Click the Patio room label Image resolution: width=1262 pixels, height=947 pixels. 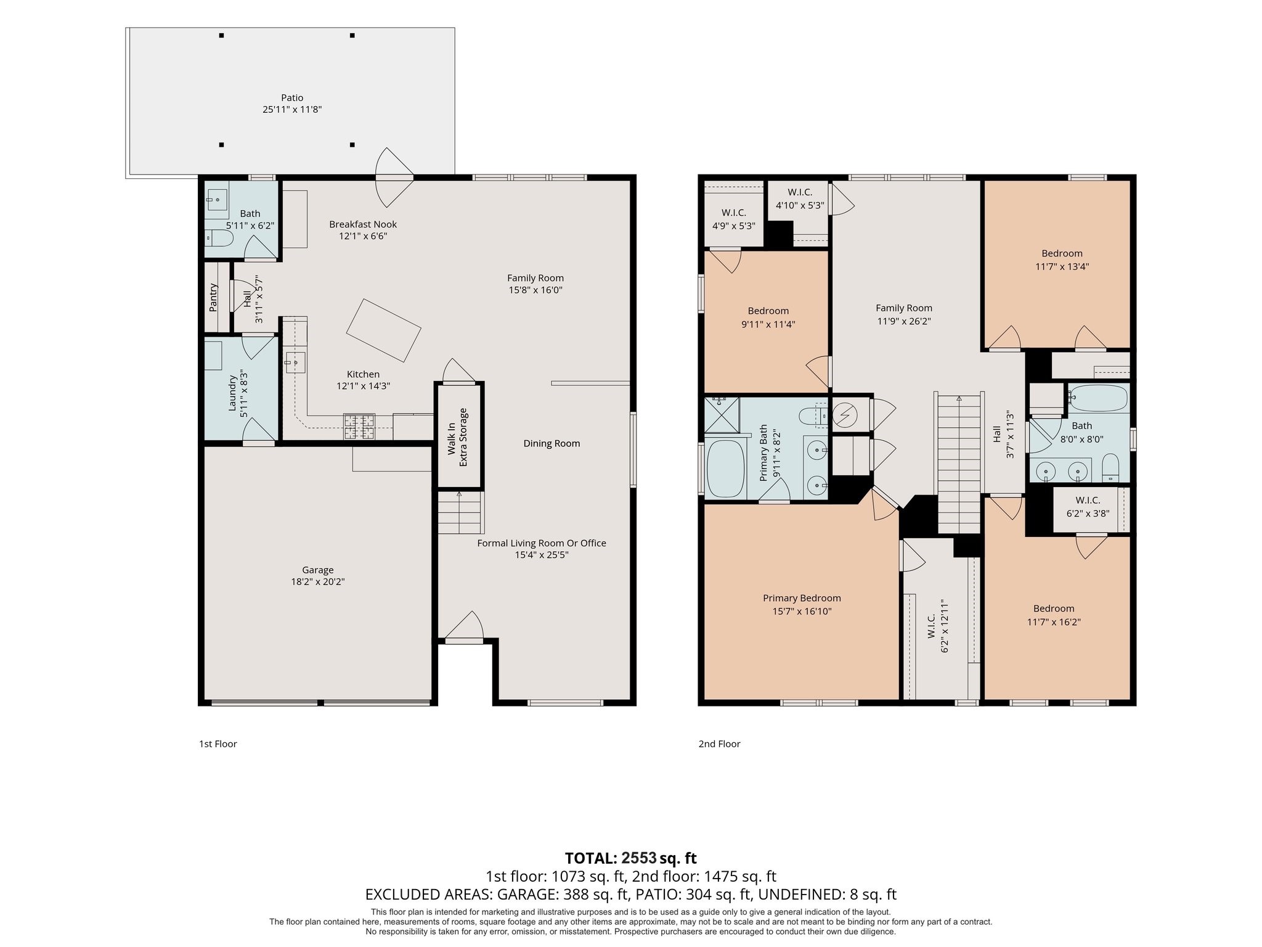[292, 97]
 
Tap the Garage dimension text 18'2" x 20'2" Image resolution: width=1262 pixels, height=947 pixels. [318, 581]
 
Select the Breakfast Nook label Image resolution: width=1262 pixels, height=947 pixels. [363, 224]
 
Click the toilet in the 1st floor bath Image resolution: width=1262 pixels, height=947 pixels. [218, 237]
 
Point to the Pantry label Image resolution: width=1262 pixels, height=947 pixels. [213, 297]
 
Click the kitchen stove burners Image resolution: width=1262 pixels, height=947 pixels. [359, 427]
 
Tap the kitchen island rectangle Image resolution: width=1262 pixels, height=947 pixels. [383, 330]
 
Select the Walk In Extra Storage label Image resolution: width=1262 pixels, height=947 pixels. [458, 437]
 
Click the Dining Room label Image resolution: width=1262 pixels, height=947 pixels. [552, 443]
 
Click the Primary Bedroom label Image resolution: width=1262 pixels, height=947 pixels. [802, 598]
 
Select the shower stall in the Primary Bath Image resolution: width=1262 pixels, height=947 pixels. [722, 414]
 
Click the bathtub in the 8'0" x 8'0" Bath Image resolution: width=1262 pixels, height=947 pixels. [1097, 398]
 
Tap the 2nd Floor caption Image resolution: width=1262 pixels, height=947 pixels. [719, 744]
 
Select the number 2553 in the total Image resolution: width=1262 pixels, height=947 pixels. [639, 858]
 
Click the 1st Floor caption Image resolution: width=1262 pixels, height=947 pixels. [218, 744]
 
